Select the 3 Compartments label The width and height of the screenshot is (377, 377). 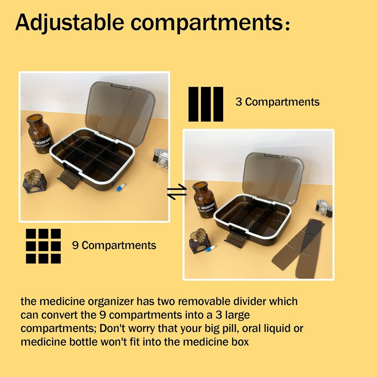(278, 102)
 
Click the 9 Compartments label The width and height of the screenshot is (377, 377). (114, 245)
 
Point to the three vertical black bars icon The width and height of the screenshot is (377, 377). (206, 104)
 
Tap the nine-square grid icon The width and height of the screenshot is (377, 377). (43, 246)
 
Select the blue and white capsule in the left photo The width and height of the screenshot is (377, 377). (121, 187)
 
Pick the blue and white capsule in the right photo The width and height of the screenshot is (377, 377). (211, 249)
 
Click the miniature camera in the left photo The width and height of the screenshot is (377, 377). (161, 158)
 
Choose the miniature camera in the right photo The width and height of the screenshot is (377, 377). (324, 208)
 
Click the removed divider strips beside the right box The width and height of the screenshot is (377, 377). (300, 249)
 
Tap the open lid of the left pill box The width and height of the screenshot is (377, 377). (120, 113)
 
